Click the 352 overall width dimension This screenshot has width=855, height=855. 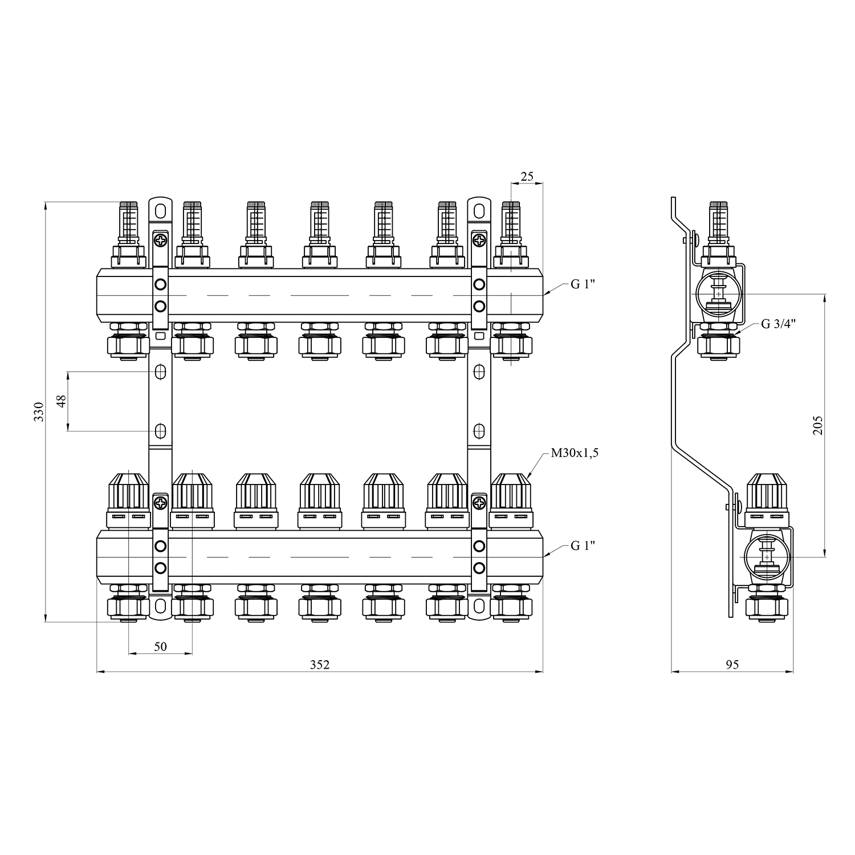coord(320,664)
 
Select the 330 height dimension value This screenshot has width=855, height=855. coord(39,412)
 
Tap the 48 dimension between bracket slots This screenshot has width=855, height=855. coord(62,401)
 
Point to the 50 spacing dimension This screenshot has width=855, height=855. coord(160,646)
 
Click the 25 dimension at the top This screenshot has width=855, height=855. coord(527,176)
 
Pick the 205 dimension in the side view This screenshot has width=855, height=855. coord(818,425)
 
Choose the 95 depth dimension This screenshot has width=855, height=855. coord(732,665)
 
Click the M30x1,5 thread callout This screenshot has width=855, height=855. coord(575,454)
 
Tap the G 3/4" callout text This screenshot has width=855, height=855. coord(779,324)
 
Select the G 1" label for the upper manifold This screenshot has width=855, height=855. coord(583,284)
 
